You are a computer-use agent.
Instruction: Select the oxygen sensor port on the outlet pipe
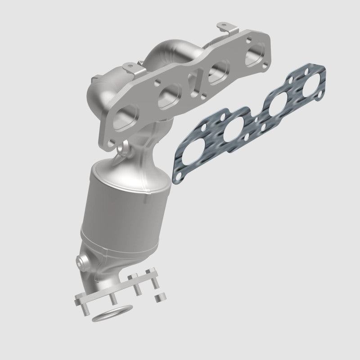[82, 260]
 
